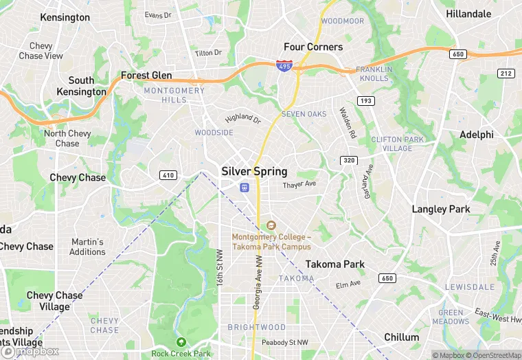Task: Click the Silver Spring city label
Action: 254,171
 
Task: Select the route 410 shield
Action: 168,175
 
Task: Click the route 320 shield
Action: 348,160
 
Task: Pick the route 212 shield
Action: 507,74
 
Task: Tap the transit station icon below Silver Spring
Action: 244,188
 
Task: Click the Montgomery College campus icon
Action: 271,225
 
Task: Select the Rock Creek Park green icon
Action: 181,342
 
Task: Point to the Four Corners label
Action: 313,47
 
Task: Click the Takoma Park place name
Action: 335,264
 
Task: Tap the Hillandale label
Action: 469,14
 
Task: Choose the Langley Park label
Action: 440,209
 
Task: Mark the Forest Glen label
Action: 146,75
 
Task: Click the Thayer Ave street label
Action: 299,184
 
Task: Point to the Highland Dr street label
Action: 243,118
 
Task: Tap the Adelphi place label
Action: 477,135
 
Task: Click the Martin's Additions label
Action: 87,247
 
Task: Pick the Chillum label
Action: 402,337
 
